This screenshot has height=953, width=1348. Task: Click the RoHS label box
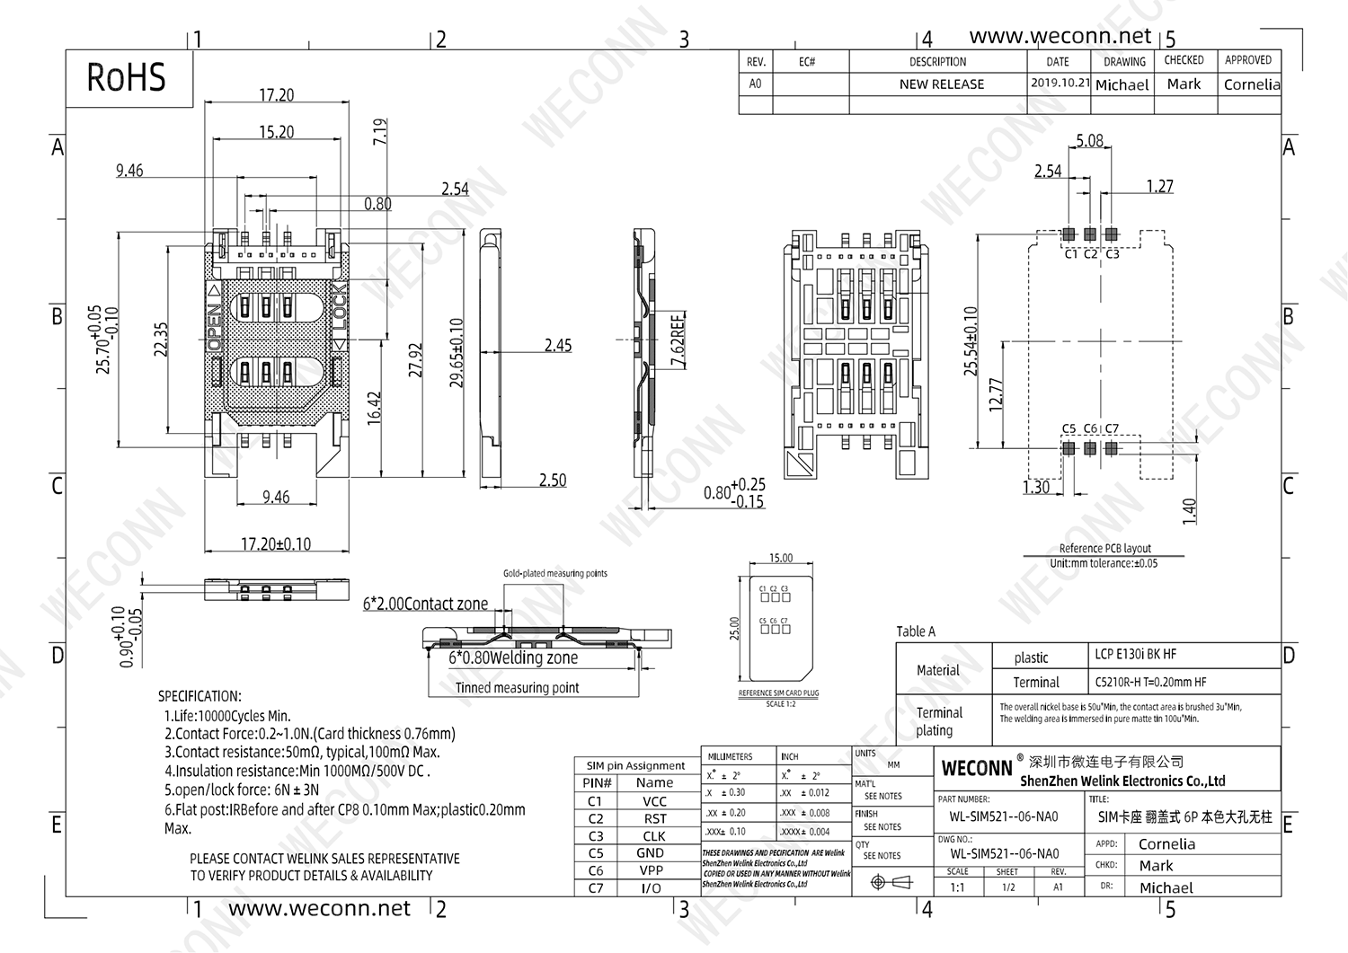[x=128, y=78]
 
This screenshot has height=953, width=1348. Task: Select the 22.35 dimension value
[x=162, y=340]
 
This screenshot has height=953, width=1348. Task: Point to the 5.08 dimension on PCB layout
[x=1089, y=141]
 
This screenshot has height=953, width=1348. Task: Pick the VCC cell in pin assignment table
[x=654, y=801]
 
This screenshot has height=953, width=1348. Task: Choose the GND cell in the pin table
[x=651, y=853]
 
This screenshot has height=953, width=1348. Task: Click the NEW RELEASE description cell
[x=941, y=84]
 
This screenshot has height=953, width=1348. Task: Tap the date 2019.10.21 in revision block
[x=1060, y=83]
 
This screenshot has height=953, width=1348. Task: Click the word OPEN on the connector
[x=214, y=328]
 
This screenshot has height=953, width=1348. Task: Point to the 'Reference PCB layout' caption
[x=1104, y=549]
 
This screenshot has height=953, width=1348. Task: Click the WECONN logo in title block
[x=977, y=769]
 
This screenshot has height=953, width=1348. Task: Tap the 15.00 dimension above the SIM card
[x=781, y=559]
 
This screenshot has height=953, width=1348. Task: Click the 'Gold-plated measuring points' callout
[x=554, y=573]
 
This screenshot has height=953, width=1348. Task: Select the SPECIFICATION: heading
[x=200, y=696]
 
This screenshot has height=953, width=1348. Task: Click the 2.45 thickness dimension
[x=557, y=345]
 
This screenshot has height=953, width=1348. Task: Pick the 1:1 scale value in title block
[x=957, y=887]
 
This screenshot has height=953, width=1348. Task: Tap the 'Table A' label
[x=916, y=631]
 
